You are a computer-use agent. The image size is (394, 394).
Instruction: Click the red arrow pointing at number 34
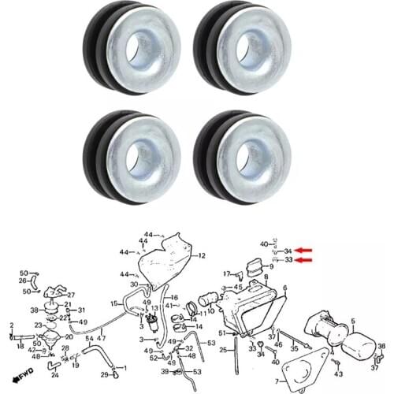303,251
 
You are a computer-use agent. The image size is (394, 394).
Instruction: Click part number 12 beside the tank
202,256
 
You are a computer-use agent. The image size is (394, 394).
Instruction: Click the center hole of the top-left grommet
145,45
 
